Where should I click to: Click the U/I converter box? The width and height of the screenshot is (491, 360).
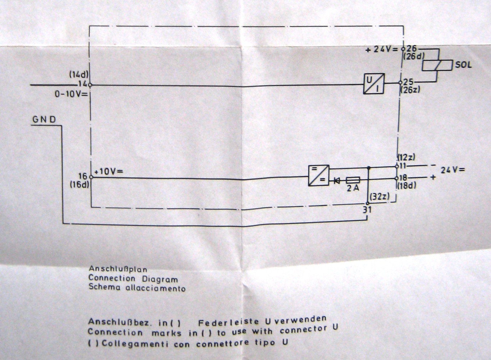[x=374, y=83]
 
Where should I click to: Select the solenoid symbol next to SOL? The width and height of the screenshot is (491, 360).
[x=437, y=65]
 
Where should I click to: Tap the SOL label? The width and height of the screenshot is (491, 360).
[x=463, y=65]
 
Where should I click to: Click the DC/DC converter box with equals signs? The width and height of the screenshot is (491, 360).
[x=318, y=175]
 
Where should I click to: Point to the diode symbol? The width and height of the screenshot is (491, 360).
[x=337, y=180]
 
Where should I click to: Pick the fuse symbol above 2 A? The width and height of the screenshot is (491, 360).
[x=353, y=180]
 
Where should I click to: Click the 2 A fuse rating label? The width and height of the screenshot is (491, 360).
[x=353, y=188]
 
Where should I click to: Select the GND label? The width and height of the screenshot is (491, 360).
[x=44, y=120]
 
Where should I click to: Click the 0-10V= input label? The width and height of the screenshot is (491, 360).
[x=71, y=94]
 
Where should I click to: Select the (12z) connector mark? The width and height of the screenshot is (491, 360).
[x=407, y=157]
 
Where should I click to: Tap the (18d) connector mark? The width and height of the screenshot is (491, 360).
[x=407, y=186]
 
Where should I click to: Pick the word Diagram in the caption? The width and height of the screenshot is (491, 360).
[x=160, y=280]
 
